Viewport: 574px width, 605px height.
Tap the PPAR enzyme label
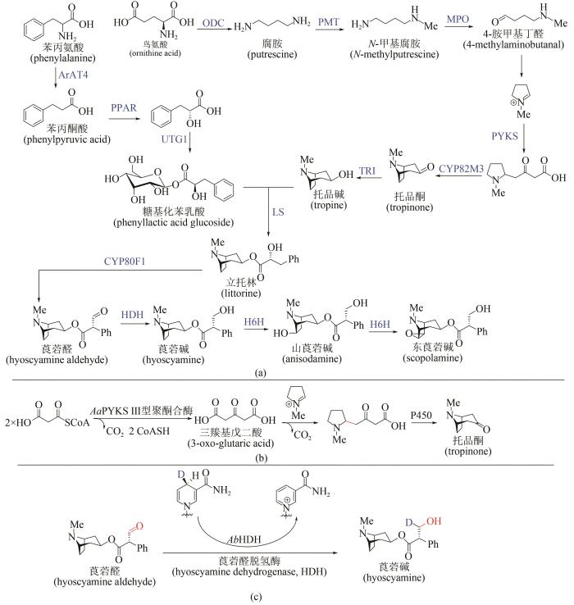click(125, 107)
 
